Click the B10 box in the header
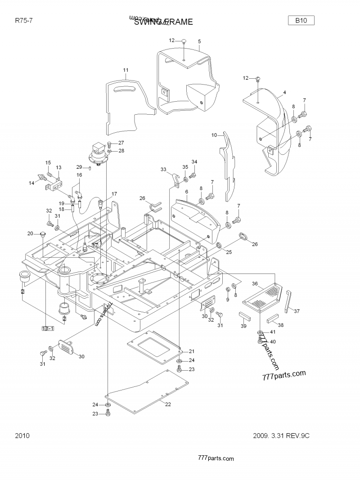click(301, 20)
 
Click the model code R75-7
click(23, 21)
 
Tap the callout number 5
click(199, 41)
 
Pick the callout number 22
click(168, 404)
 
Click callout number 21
click(191, 351)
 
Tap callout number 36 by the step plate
click(255, 283)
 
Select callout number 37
click(296, 311)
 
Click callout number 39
click(243, 326)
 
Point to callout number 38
click(281, 325)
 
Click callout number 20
click(30, 233)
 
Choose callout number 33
click(164, 169)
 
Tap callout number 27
click(121, 143)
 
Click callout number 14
click(31, 183)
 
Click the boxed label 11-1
click(48, 329)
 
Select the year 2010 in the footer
click(22, 435)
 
